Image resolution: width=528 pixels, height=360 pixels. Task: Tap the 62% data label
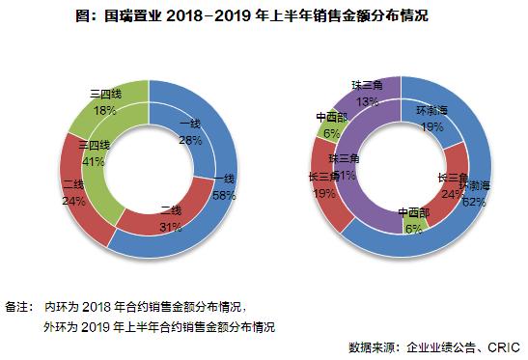click(473, 202)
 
